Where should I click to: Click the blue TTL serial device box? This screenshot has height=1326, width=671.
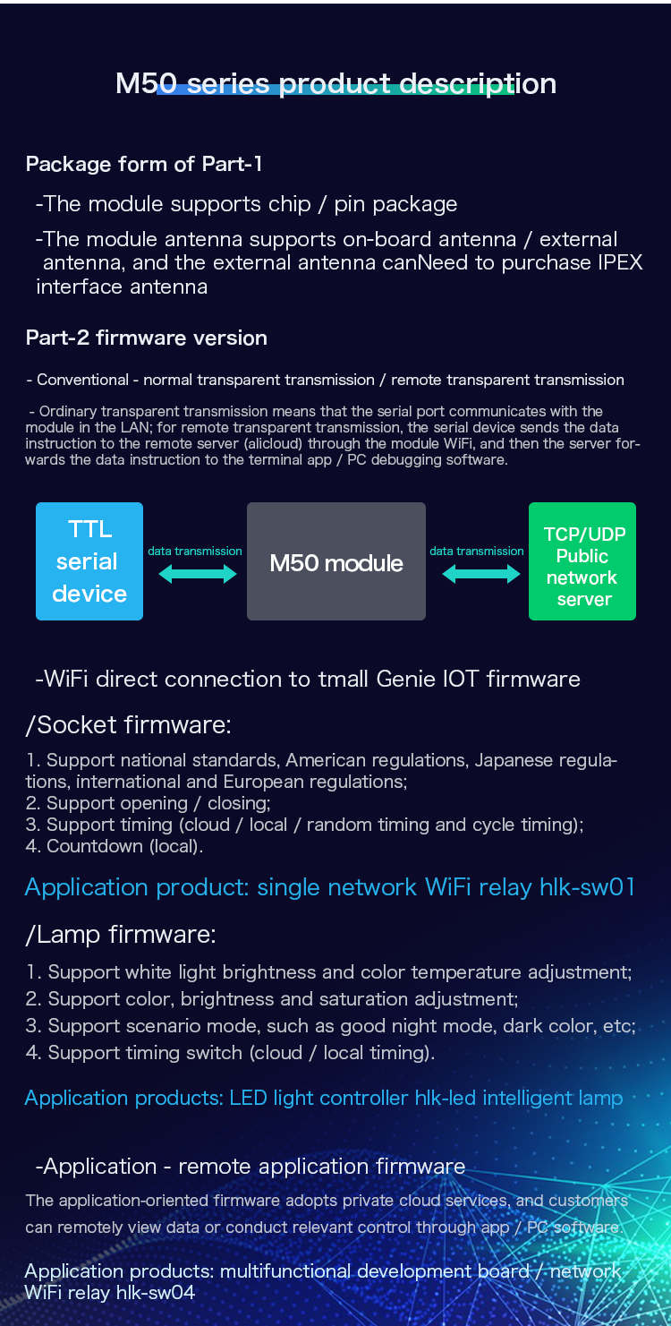point(89,561)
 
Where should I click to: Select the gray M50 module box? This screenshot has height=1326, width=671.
point(336,561)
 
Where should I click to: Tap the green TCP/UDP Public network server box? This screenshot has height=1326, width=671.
point(582,561)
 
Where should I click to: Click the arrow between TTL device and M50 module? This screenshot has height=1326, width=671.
point(198,574)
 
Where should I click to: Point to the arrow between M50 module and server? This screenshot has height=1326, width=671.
point(481,574)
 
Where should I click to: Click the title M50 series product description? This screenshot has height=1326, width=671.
point(336,83)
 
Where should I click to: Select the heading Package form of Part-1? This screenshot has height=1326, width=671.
point(144,164)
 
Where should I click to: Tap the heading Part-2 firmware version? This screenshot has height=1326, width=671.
point(146,338)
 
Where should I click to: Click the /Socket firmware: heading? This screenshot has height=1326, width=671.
point(129,725)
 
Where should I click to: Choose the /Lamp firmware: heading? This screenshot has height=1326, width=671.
point(121,935)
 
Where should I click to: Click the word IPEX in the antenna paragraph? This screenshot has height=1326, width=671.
point(620,263)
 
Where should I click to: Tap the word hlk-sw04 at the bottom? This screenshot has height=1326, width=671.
point(156,1292)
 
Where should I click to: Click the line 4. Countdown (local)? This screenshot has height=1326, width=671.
point(115,846)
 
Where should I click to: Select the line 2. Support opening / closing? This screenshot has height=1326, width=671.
point(148,803)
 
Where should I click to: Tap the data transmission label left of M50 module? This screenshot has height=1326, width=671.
point(195,552)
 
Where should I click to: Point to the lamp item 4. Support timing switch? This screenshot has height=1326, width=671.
point(230,1053)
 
